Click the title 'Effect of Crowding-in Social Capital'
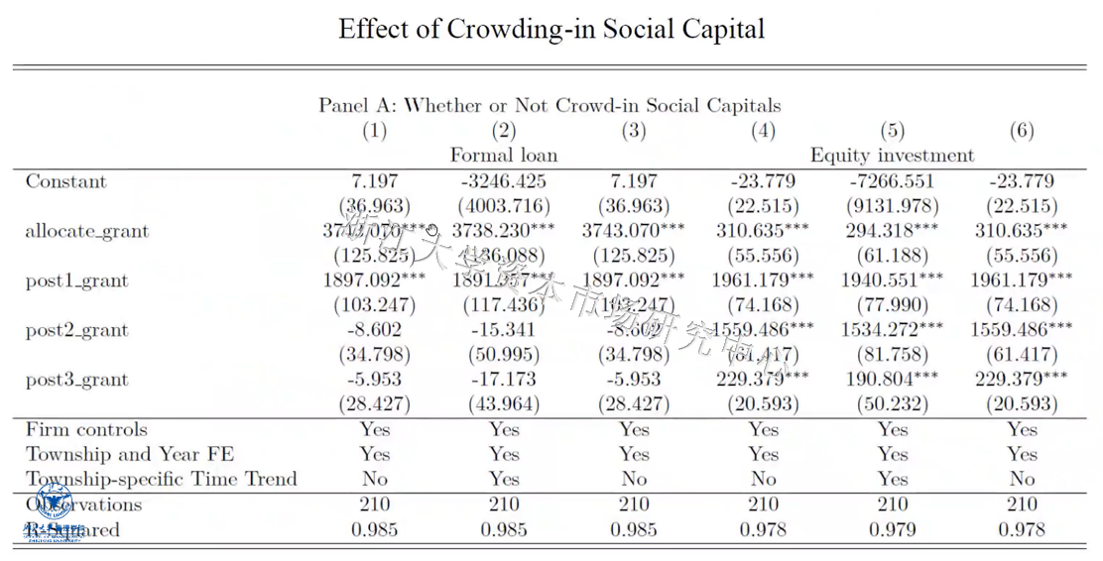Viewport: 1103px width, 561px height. click(x=551, y=28)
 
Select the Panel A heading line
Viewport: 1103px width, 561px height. click(x=549, y=105)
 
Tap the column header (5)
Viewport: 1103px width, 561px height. click(x=892, y=130)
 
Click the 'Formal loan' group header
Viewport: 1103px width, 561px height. click(x=504, y=155)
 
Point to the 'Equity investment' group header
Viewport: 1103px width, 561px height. click(x=892, y=155)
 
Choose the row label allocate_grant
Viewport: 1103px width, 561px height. click(x=87, y=231)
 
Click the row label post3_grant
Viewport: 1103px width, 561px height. click(x=77, y=380)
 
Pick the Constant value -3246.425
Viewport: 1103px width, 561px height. click(x=504, y=181)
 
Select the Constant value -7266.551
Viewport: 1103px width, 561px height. click(x=892, y=181)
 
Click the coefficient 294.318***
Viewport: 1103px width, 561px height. click(x=892, y=231)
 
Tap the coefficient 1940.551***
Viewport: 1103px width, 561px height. click(x=892, y=280)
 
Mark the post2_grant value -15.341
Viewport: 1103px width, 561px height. click(x=504, y=330)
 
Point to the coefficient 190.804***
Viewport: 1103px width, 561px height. click(x=892, y=380)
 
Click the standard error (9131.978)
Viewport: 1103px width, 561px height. click(x=892, y=206)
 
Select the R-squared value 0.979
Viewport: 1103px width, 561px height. click(x=892, y=529)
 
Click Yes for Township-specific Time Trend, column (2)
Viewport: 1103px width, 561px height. click(x=504, y=479)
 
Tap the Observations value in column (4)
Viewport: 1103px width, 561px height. click(x=763, y=505)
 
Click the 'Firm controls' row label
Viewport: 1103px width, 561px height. click(x=86, y=429)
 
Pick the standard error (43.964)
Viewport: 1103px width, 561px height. click(x=504, y=404)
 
